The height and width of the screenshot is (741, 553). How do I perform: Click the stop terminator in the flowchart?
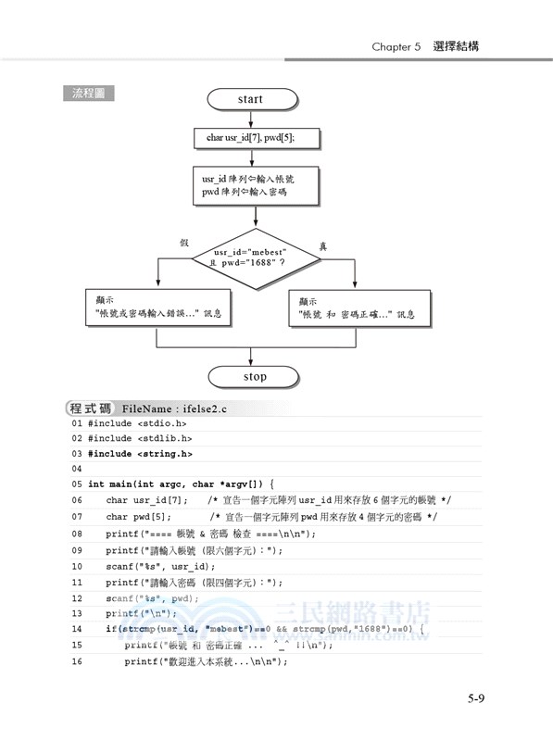(x=255, y=377)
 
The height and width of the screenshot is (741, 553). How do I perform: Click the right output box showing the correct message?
(x=355, y=308)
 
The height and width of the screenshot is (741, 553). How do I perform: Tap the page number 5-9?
(x=476, y=698)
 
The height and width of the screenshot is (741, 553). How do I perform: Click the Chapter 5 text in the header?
(x=396, y=45)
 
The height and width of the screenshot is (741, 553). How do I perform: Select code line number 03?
(x=77, y=454)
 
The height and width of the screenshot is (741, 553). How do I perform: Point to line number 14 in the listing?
(x=77, y=629)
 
